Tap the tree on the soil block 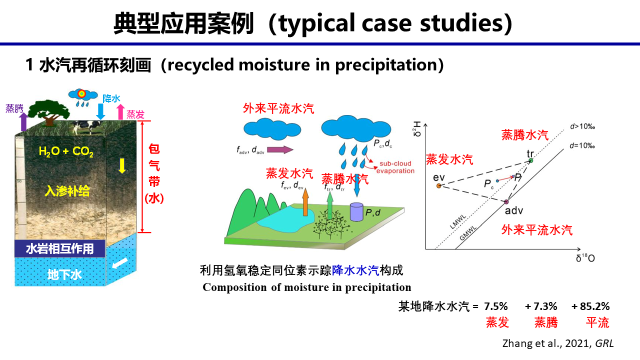click(x=49, y=112)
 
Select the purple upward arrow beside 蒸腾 click(x=23, y=121)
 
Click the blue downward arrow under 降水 click(x=100, y=111)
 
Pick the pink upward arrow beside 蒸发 click(x=120, y=111)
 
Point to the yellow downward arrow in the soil click(x=122, y=165)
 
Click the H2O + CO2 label click(x=66, y=151)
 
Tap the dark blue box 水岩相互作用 click(x=60, y=248)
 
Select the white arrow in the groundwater click(x=120, y=263)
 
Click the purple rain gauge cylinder click(x=356, y=211)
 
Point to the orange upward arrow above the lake click(x=305, y=201)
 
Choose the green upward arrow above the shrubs click(x=329, y=205)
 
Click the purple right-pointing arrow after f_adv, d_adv click(x=280, y=149)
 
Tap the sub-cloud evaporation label click(x=395, y=167)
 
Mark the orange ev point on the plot click(x=439, y=186)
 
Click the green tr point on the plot click(x=531, y=160)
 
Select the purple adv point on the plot click(x=506, y=201)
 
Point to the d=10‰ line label click(x=582, y=145)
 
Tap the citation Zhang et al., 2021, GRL click(x=558, y=343)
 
